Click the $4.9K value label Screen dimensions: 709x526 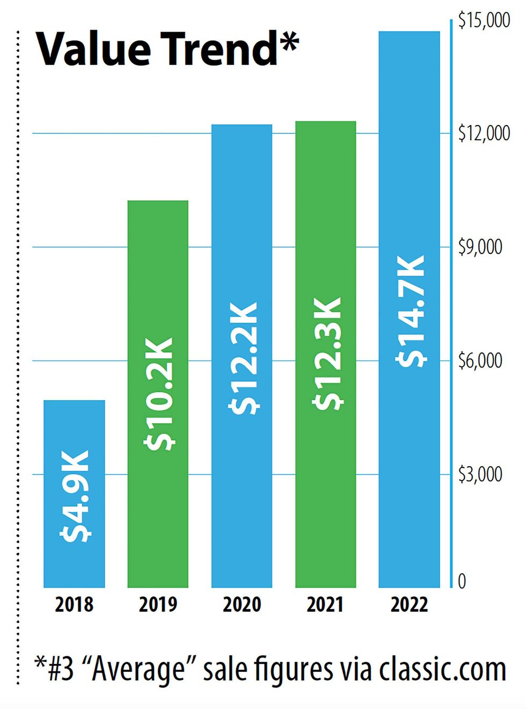[x=75, y=496]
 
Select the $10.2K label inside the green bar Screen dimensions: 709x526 [x=159, y=393]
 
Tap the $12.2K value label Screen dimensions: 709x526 [x=243, y=358]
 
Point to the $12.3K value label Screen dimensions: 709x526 [x=327, y=352]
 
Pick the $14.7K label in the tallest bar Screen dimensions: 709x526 [x=411, y=311]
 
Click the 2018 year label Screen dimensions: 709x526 [x=74, y=604]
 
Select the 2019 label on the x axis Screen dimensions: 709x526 [x=158, y=604]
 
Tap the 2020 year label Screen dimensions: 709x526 [x=242, y=604]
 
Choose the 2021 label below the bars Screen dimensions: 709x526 [x=325, y=604]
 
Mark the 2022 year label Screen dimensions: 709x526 [x=409, y=604]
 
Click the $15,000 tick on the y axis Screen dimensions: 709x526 [x=484, y=20]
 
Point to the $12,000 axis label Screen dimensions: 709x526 [x=484, y=133]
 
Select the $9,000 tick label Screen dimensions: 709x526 [x=480, y=247]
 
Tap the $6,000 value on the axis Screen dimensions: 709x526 [x=480, y=360]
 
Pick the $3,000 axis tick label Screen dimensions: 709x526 [x=480, y=474]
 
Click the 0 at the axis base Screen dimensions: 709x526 [x=462, y=581]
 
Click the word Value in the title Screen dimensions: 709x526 [x=93, y=49]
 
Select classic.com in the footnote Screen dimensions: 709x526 [x=442, y=670]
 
